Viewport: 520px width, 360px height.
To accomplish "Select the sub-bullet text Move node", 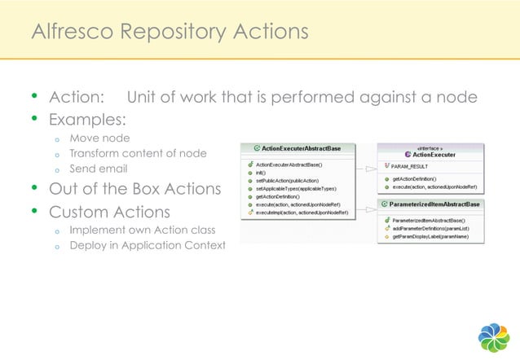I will [99, 138].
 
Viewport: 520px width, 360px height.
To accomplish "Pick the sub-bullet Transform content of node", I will [137, 153].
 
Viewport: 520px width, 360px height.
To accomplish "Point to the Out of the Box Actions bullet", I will [134, 190].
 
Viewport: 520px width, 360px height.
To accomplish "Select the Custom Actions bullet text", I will [109, 212].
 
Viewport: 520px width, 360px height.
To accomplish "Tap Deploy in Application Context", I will [147, 245].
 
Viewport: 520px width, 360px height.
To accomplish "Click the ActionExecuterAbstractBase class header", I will [302, 148].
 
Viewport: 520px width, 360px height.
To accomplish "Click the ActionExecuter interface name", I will [434, 154].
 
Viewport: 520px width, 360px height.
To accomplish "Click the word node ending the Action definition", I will [459, 98].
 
